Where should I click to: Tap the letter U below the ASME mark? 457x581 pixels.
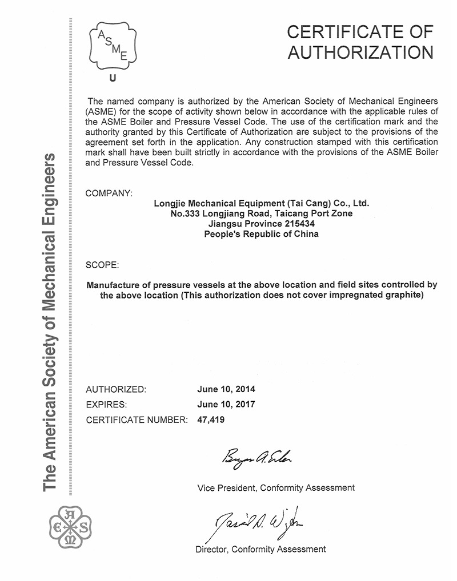tap(111, 79)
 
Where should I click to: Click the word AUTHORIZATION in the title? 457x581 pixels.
tap(360, 52)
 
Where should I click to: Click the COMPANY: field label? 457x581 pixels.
tap(109, 193)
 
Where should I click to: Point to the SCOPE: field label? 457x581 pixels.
tap(102, 265)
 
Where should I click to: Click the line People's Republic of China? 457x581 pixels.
tap(262, 234)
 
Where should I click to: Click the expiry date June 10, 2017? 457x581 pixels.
tap(226, 405)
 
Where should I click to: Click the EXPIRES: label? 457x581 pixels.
tap(106, 405)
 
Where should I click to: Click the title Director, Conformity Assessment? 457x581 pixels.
tap(260, 549)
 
